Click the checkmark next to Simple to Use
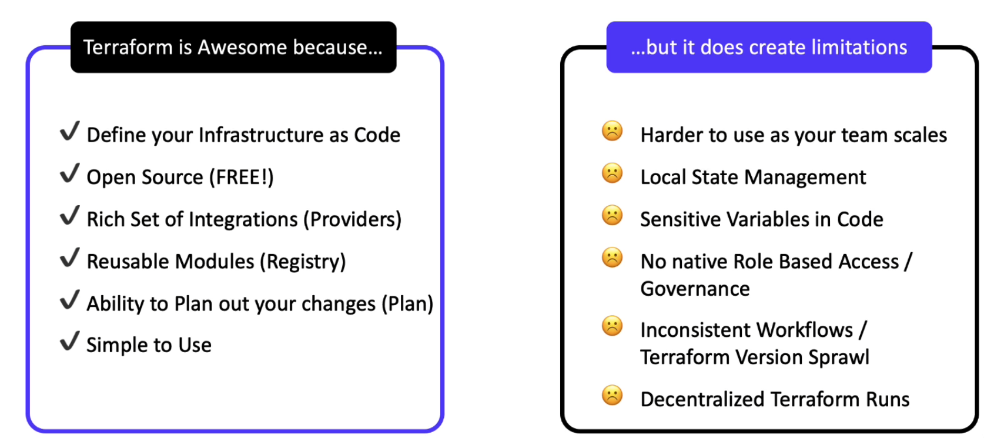(x=70, y=341)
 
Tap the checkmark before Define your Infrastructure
(x=70, y=131)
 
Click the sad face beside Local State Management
(x=613, y=173)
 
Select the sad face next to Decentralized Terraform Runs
(x=613, y=395)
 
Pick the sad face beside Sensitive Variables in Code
(x=613, y=215)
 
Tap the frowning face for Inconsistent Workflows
(x=613, y=326)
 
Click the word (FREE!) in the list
(x=241, y=178)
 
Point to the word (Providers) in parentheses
(x=352, y=219)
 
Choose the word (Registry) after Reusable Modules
(x=303, y=262)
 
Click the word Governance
(x=695, y=289)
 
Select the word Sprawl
(x=839, y=357)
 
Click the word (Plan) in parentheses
(x=407, y=304)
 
